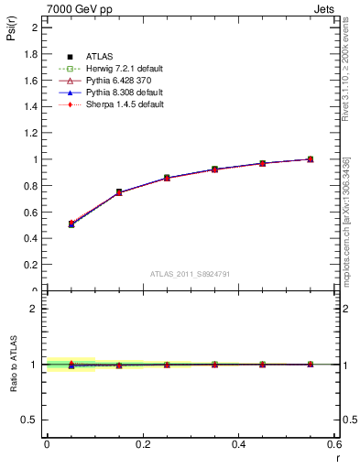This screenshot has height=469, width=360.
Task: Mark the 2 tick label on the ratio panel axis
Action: [x=36, y=309]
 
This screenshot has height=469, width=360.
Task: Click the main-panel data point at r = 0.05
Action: [x=71, y=224]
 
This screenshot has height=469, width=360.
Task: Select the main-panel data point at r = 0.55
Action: [x=311, y=159]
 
